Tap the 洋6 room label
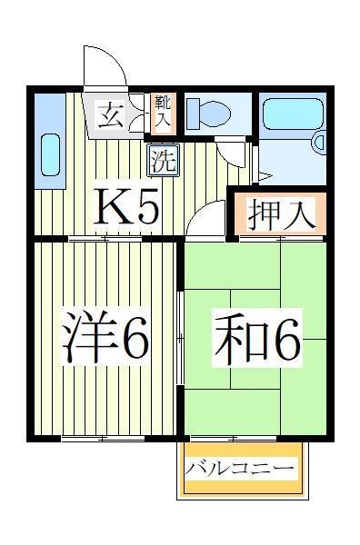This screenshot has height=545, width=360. (x=105, y=338)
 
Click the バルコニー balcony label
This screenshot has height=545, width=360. (x=240, y=469)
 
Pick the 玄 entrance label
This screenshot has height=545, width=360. (x=109, y=115)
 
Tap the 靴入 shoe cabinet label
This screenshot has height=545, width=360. (x=163, y=111)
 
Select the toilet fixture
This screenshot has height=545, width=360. (x=205, y=113)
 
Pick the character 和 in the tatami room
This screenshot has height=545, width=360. (x=235, y=338)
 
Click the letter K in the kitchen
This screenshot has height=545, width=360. (x=111, y=207)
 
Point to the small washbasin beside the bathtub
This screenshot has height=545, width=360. (x=319, y=143)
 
